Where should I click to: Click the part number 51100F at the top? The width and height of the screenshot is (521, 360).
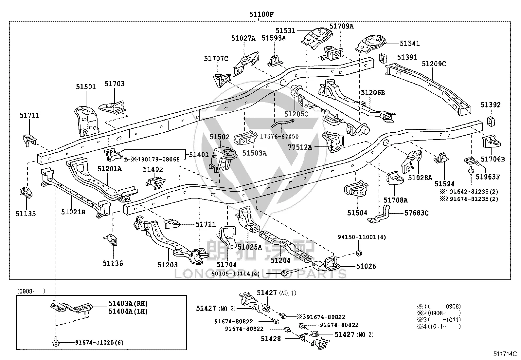pyautogui.click(x=261, y=14)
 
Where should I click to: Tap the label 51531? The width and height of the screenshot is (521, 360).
pyautogui.click(x=285, y=30)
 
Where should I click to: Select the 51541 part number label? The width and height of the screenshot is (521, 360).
pyautogui.click(x=410, y=43)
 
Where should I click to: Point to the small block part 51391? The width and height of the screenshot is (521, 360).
pyautogui.click(x=383, y=58)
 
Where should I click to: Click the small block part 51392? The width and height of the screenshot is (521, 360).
pyautogui.click(x=491, y=121)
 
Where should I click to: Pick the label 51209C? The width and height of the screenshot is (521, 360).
pyautogui.click(x=434, y=64)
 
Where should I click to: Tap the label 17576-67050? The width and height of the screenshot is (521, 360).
pyautogui.click(x=279, y=137)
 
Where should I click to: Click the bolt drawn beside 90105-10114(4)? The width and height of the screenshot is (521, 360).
pyautogui.click(x=291, y=273)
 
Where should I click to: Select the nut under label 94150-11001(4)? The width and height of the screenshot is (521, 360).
pyautogui.click(x=359, y=253)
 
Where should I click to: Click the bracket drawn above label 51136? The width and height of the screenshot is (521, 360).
pyautogui.click(x=111, y=240)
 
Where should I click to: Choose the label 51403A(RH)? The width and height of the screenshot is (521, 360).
pyautogui.click(x=128, y=303)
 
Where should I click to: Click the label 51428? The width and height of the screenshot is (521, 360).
pyautogui.click(x=271, y=339)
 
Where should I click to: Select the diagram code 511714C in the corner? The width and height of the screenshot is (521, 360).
pyautogui.click(x=505, y=354)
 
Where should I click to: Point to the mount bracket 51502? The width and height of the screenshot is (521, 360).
pyautogui.click(x=223, y=159)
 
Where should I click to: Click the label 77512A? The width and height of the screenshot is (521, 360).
pyautogui.click(x=300, y=147)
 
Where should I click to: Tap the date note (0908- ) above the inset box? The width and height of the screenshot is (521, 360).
pyautogui.click(x=31, y=291)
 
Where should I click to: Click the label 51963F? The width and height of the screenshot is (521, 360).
pyautogui.click(x=488, y=177)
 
